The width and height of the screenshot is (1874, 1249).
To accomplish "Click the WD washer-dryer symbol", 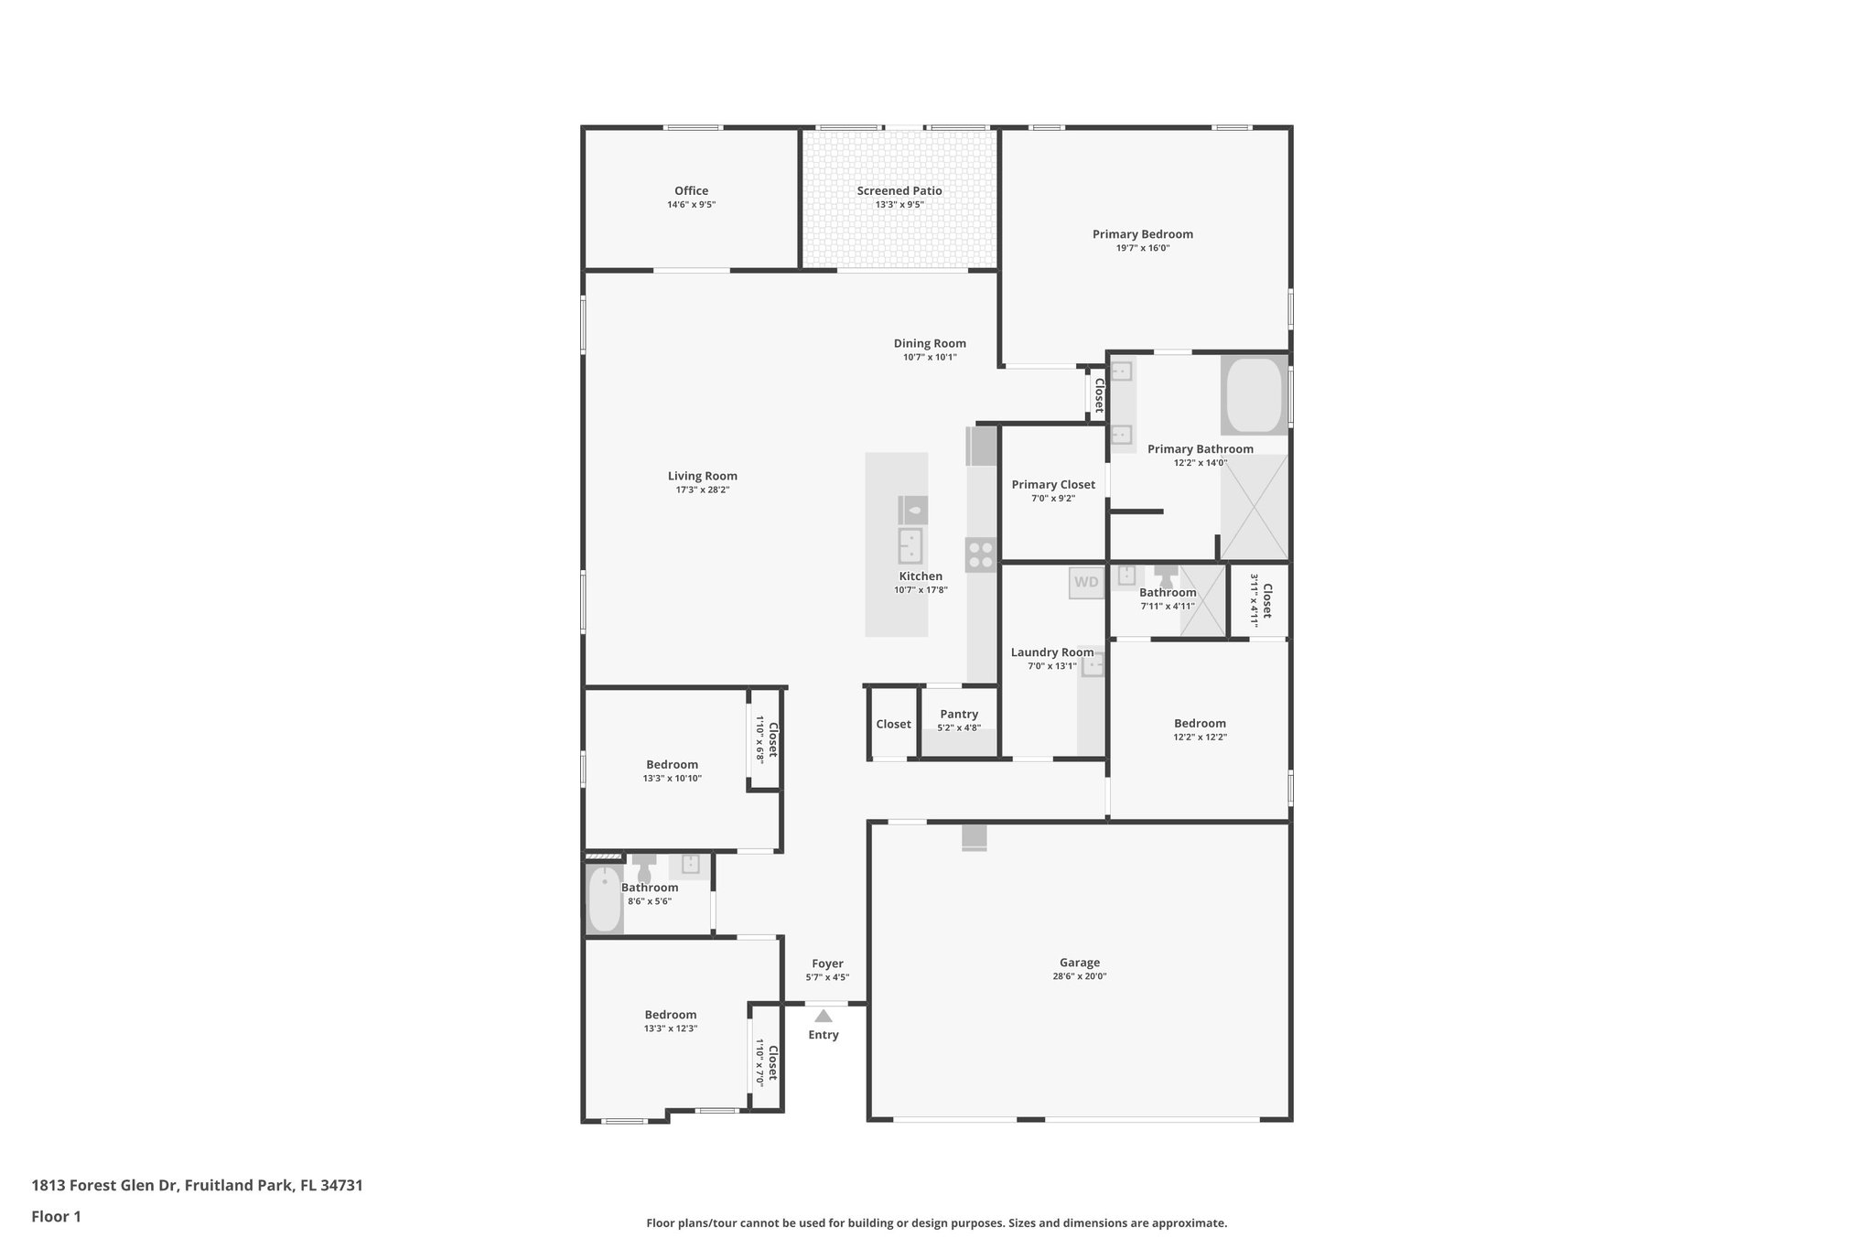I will pyautogui.click(x=1086, y=583).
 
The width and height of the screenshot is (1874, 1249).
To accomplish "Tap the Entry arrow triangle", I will pyautogui.click(x=824, y=1016).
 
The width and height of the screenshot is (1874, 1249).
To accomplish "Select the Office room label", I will pyautogui.click(x=691, y=191).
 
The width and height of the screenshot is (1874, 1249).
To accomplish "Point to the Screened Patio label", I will pyautogui.click(x=899, y=191).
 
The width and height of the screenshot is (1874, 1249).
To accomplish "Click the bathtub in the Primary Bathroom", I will pyautogui.click(x=1254, y=395).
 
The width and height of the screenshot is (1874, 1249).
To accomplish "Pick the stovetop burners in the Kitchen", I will pyautogui.click(x=980, y=555).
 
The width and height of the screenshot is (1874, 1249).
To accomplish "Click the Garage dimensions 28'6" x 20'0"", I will pyautogui.click(x=1079, y=976).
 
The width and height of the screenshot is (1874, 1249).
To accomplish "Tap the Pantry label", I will pyautogui.click(x=959, y=714).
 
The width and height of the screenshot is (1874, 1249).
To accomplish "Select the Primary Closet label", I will pyautogui.click(x=1052, y=485).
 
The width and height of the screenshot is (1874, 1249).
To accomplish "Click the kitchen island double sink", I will pyautogui.click(x=910, y=546).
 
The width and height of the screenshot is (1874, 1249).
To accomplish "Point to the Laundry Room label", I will pyautogui.click(x=1051, y=652).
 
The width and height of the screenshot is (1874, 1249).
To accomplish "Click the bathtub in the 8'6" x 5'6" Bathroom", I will pyautogui.click(x=604, y=899).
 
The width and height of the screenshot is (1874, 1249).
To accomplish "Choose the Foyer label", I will pyautogui.click(x=827, y=964).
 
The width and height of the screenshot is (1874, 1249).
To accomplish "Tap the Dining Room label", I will pyautogui.click(x=930, y=343).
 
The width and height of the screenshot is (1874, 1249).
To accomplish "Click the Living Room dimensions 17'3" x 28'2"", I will pyautogui.click(x=702, y=490).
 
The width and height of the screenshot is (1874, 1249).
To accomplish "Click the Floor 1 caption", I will pyautogui.click(x=56, y=1217).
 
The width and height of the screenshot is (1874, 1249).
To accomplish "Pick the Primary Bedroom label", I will pyautogui.click(x=1142, y=234).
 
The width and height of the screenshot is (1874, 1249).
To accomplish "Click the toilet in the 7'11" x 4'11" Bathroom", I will pyautogui.click(x=1166, y=577).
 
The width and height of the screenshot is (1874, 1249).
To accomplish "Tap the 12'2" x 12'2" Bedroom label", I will pyautogui.click(x=1200, y=723).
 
